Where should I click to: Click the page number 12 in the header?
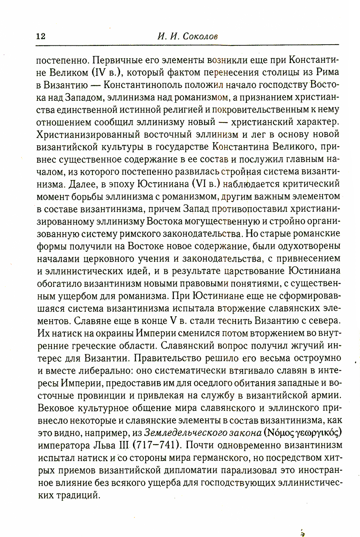[x=40, y=37]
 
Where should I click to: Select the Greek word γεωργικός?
[x=318, y=432]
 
